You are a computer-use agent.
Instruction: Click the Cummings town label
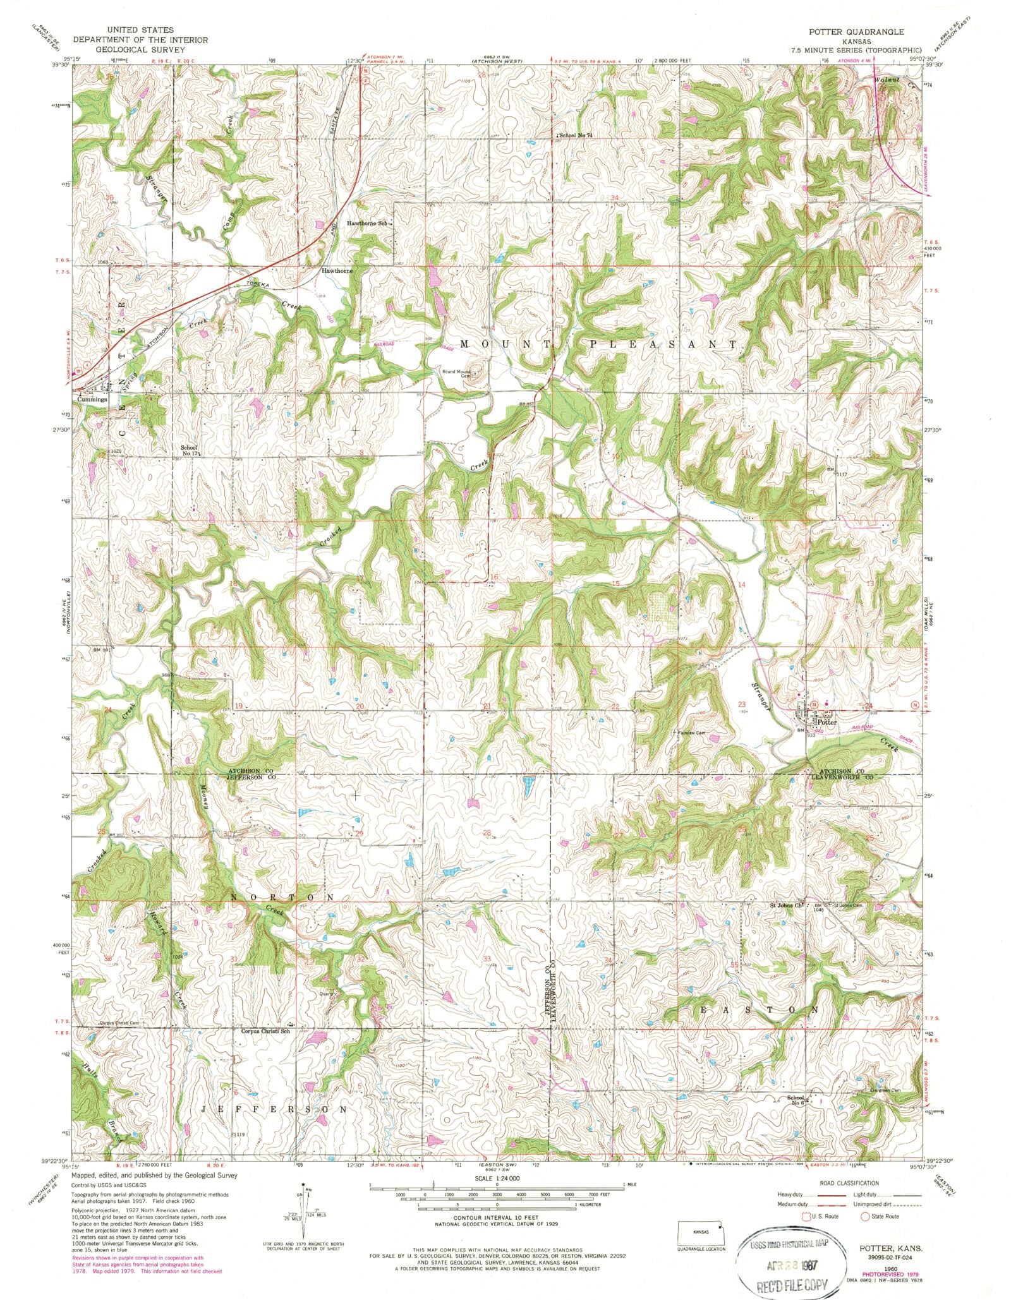point(92,400)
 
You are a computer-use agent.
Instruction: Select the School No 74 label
point(576,135)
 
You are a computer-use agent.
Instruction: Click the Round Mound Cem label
point(458,373)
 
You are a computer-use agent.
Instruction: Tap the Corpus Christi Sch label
point(265,1032)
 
